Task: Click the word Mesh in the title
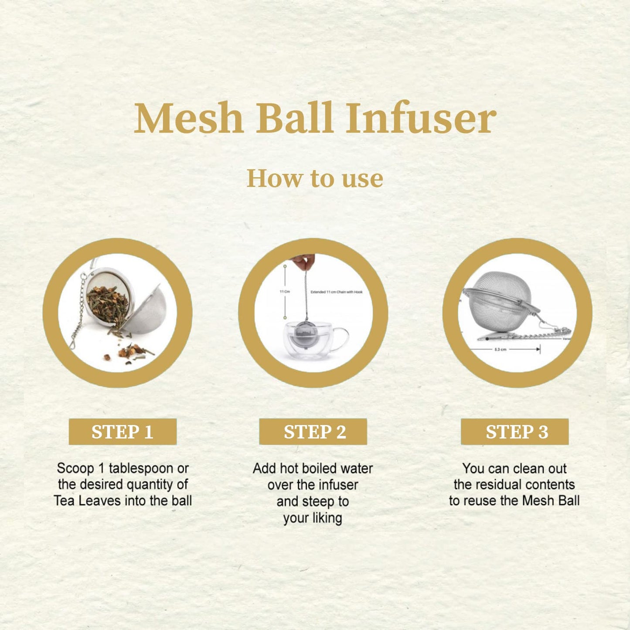click(x=188, y=118)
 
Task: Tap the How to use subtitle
click(x=315, y=178)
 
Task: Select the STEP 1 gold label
click(x=123, y=432)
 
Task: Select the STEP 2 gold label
click(x=313, y=432)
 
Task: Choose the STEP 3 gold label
click(x=514, y=432)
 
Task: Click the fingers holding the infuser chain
click(x=304, y=262)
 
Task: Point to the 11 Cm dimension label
click(x=284, y=291)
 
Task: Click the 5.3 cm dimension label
click(x=500, y=350)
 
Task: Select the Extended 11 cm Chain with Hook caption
click(x=336, y=292)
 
